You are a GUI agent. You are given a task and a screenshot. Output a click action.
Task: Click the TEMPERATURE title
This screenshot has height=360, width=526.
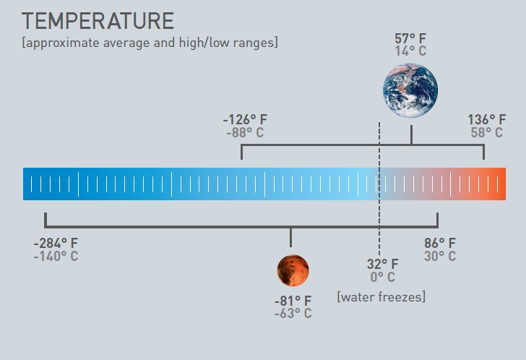pyautogui.click(x=98, y=21)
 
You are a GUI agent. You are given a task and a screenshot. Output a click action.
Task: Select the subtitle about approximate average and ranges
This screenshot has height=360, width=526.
pyautogui.click(x=150, y=43)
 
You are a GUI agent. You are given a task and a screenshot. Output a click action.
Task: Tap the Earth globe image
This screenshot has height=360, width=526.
pyautogui.click(x=410, y=90)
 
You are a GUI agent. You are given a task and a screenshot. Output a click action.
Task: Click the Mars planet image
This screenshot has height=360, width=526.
pyautogui.click(x=293, y=270)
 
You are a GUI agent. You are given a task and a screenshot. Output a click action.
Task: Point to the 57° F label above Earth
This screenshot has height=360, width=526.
pyautogui.click(x=410, y=38)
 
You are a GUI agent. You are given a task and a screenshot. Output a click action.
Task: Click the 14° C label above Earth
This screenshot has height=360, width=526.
pyautogui.click(x=410, y=51)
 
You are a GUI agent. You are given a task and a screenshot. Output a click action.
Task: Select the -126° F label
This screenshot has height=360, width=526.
pyautogui.click(x=245, y=119)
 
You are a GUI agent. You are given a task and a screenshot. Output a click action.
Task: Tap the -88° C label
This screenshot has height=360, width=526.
pyautogui.click(x=245, y=132)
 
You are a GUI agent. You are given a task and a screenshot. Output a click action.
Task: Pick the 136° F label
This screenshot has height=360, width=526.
pyautogui.click(x=487, y=119)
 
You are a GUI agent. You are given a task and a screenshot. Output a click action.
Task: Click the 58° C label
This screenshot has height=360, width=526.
pyautogui.click(x=487, y=132)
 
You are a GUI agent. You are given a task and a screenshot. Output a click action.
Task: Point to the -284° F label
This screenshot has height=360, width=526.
pyautogui.click(x=56, y=243)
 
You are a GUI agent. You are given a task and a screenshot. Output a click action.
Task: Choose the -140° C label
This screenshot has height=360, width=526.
pyautogui.click(x=56, y=257)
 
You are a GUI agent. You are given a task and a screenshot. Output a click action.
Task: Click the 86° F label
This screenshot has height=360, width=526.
pyautogui.click(x=440, y=243)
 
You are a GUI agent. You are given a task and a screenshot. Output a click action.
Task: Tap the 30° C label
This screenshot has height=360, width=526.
pyautogui.click(x=440, y=257)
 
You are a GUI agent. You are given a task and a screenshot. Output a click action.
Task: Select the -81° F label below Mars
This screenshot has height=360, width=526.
pyautogui.click(x=293, y=301)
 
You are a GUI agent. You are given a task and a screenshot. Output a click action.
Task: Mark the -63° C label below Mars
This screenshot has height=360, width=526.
pyautogui.click(x=293, y=313)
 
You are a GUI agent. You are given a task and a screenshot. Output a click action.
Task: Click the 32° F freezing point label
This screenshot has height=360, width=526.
pyautogui.click(x=382, y=264)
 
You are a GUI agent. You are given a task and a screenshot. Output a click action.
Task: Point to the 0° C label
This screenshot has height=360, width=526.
pyautogui.click(x=382, y=277)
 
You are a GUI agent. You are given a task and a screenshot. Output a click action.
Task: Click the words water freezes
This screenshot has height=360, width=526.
pyautogui.click(x=381, y=297)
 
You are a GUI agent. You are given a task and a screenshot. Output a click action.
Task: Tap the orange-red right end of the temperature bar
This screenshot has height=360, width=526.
pyautogui.click(x=500, y=184)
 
